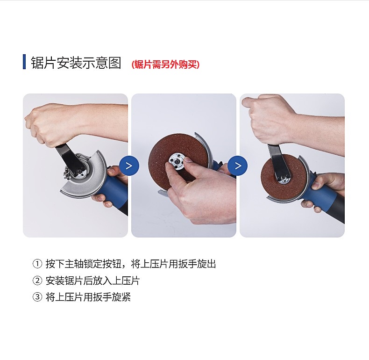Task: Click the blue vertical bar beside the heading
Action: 24,62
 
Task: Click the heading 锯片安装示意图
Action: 76,63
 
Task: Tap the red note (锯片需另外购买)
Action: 165,65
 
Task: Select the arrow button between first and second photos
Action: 129,166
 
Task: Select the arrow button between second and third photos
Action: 238,166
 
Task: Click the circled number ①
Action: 37,264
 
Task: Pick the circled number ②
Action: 37,281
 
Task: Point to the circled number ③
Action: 37,297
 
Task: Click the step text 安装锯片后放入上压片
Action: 93,281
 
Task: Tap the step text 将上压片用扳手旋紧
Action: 88,297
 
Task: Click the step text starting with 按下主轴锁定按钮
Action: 131,264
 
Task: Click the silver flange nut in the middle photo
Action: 176,161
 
